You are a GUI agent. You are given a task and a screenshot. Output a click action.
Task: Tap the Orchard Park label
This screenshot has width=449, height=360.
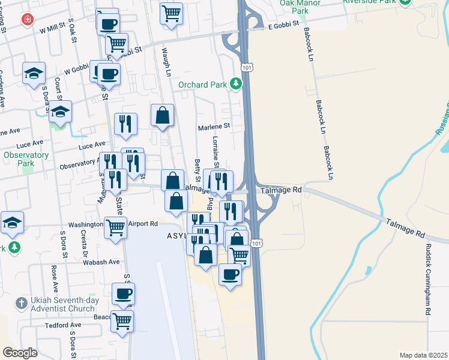pyautogui.click(x=202, y=85)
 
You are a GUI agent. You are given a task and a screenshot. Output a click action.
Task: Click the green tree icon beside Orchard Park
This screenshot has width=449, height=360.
pyautogui.click(x=237, y=84)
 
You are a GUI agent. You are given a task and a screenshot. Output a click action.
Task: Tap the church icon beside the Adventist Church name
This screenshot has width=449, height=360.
pyautogui.click(x=20, y=303)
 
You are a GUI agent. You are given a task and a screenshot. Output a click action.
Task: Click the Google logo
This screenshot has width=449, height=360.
pyautogui.click(x=20, y=352)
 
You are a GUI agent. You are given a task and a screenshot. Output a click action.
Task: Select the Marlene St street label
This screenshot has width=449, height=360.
pyautogui.click(x=214, y=127)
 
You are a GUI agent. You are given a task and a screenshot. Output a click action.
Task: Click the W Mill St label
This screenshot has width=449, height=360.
pyautogui.click(x=52, y=29)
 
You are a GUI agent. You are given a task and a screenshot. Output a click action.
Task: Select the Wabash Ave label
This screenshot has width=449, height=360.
pyautogui.click(x=102, y=262)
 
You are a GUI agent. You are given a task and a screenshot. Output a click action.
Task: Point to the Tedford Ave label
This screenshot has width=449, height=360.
pyautogui.click(x=59, y=326)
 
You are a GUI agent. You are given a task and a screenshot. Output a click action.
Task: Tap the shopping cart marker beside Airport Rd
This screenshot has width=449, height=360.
pyautogui.click(x=115, y=228)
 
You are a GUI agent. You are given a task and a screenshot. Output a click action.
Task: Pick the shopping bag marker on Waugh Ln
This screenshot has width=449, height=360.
pyautogui.click(x=163, y=115)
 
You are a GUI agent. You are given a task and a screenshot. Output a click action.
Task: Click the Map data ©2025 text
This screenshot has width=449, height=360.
pyautogui.click(x=423, y=355)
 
